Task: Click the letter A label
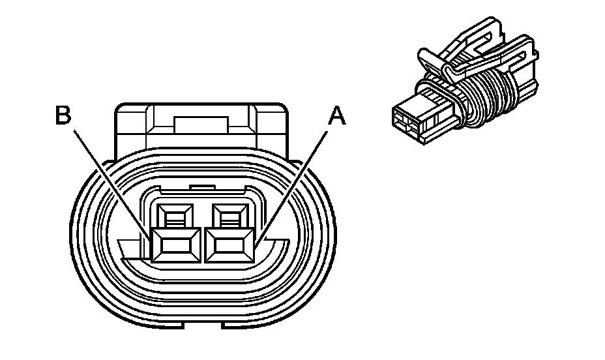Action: click(336, 115)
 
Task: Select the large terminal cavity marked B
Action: click(176, 245)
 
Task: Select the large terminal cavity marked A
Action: click(229, 245)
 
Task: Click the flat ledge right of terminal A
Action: click(271, 247)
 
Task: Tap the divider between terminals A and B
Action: click(203, 245)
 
